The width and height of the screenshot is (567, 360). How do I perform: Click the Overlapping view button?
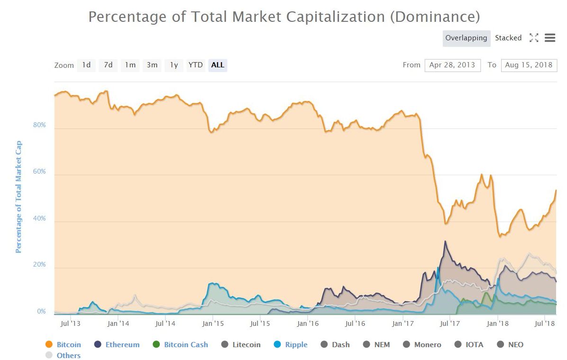[466, 38]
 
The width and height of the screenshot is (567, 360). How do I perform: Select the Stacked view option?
[508, 38]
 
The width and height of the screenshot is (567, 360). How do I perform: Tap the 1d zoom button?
[86, 65]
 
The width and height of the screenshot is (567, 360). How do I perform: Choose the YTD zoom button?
[195, 65]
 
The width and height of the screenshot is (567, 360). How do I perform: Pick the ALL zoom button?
[218, 65]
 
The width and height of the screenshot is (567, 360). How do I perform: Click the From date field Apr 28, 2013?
[452, 65]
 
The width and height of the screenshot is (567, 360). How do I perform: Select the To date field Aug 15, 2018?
[529, 65]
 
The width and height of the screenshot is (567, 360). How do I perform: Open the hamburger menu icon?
[550, 38]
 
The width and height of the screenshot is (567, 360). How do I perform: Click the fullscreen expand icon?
[534, 38]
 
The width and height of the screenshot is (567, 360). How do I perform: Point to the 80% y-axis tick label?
[39, 125]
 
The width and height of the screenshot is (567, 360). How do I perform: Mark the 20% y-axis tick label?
[39, 265]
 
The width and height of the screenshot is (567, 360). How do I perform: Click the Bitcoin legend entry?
[69, 345]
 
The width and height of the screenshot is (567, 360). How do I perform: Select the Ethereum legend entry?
[122, 345]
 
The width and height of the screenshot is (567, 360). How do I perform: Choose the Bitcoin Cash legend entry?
[186, 345]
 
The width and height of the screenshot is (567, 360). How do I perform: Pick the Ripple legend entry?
[296, 345]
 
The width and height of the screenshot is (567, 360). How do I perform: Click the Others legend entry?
[68, 355]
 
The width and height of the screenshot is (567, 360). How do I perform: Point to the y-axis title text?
[19, 197]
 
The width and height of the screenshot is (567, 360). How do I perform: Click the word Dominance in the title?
[434, 17]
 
